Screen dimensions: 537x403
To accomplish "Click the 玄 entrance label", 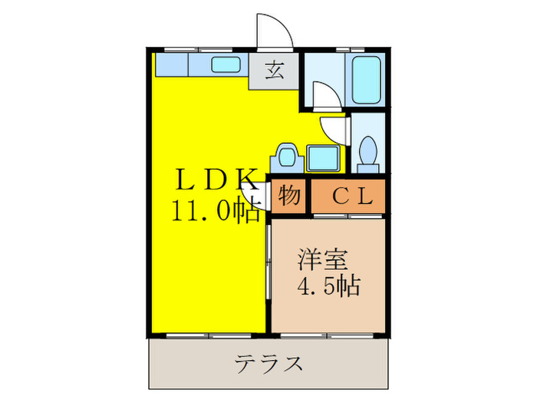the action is point(275,71).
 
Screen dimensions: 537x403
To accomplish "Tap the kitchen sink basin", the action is point(226,64).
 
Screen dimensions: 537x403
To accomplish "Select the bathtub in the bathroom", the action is point(367,80).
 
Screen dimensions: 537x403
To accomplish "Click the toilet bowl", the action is point(368,151).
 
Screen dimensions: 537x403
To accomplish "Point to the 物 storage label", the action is point(289,196).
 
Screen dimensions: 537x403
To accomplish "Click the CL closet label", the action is point(353,197).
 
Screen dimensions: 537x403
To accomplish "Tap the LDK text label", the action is point(216,179).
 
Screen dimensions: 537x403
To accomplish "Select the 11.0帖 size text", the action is point(215,210).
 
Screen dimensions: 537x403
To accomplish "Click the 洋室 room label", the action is point(323,259).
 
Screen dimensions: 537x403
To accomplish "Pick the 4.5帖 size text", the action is point(329,286).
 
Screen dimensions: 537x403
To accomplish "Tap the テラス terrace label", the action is point(268,364).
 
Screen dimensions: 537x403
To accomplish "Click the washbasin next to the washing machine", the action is point(287,157).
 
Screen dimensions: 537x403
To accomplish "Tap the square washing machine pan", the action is point(323,158).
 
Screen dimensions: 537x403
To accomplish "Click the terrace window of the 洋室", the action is point(327,335).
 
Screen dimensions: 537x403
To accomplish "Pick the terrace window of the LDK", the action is point(209,335).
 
